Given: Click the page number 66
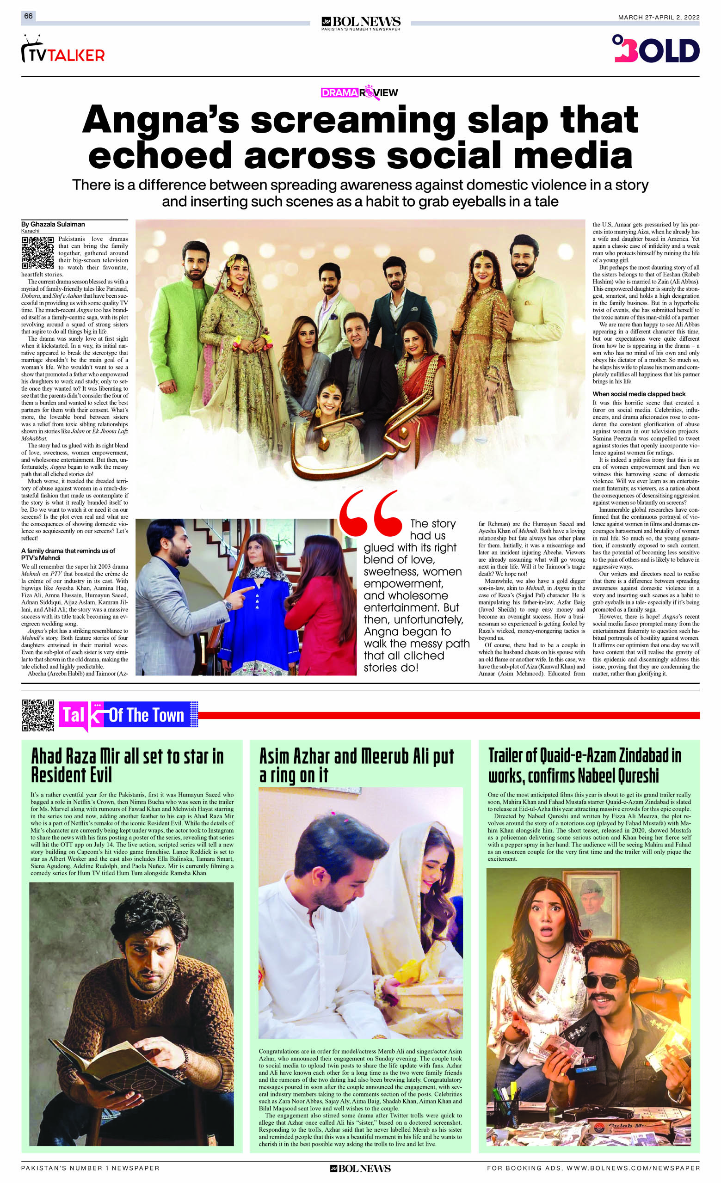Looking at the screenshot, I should coord(28,16).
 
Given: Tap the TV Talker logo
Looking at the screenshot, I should coord(63,51).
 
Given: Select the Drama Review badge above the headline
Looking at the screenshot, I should coord(359,92).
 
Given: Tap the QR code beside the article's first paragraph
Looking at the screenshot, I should coord(37,252).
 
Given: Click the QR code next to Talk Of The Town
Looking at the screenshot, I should coord(38,715).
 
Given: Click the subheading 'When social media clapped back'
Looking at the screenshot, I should coord(639,394).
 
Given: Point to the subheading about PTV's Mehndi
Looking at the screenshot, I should coord(68,553).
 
